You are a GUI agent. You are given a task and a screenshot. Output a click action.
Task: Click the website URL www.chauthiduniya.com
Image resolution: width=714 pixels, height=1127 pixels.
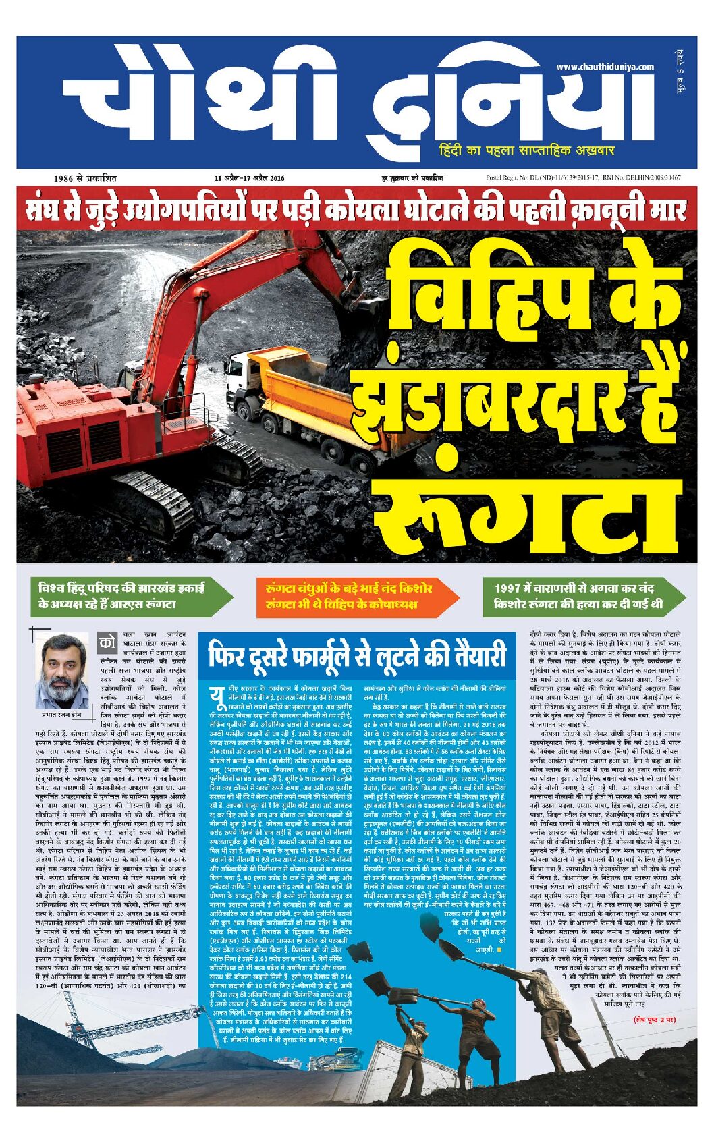tap(605, 67)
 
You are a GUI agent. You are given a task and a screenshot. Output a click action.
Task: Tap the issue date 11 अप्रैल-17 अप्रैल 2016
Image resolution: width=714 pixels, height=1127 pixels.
tap(249, 178)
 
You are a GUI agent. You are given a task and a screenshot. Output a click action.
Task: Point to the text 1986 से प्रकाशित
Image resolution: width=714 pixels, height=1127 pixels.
tap(85, 178)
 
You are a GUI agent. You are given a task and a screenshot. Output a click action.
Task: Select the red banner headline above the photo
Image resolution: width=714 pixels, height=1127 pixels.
tap(356, 210)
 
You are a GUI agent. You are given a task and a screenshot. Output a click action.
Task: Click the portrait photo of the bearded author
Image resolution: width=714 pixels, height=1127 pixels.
tap(61, 670)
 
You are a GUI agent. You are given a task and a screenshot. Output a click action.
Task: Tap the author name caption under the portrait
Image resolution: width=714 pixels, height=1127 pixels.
tap(61, 714)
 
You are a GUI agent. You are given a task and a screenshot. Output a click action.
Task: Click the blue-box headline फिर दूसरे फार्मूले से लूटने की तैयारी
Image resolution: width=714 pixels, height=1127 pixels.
tap(356, 656)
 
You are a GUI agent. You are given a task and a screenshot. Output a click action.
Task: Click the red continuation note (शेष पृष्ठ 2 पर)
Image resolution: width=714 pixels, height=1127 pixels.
tap(654, 1019)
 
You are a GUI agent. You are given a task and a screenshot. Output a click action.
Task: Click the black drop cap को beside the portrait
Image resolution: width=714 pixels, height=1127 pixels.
tap(107, 642)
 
